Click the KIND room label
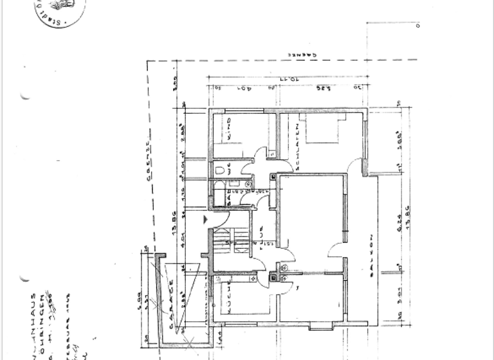point(228,131)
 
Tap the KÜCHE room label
point(229,300)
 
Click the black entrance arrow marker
point(205,219)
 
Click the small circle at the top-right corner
point(417,26)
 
